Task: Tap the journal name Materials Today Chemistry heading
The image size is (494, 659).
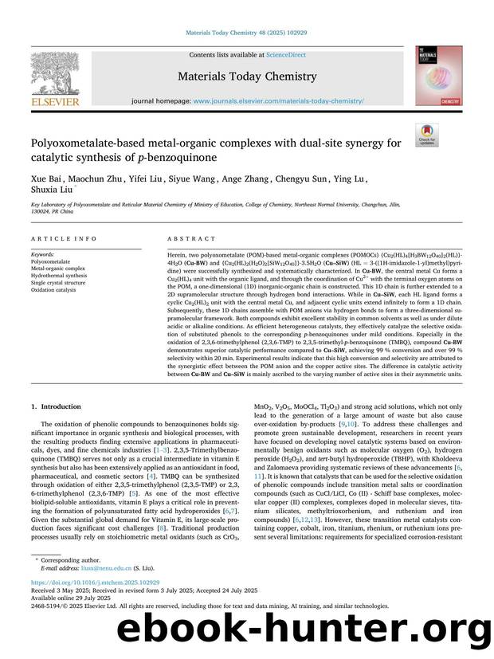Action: pyautogui.click(x=245, y=75)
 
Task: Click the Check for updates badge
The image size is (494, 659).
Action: pyautogui.click(x=427, y=134)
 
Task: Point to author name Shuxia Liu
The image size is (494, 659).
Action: pyautogui.click(x=50, y=190)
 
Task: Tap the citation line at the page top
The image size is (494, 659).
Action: pyautogui.click(x=246, y=33)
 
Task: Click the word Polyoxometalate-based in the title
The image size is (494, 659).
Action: pyautogui.click(x=82, y=143)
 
